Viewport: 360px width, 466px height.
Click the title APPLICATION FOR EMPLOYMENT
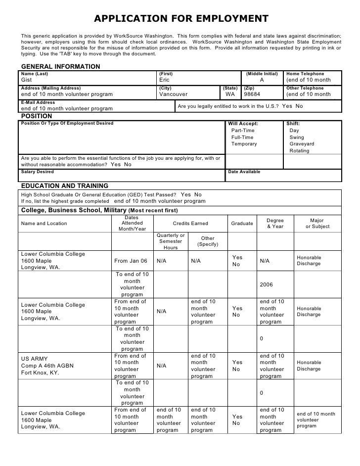point(181,19)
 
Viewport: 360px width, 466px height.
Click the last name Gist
point(27,80)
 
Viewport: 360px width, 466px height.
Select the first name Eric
point(165,80)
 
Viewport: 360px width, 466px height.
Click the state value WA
point(230,94)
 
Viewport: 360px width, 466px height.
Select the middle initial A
point(262,80)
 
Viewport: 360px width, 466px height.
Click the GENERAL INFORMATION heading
point(60,67)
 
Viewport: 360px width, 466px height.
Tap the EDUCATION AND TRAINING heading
point(64,186)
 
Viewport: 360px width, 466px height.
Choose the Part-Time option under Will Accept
point(243,130)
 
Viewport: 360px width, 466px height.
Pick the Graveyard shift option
point(302,144)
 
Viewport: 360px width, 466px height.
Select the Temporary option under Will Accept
point(244,144)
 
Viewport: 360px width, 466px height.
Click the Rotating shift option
point(299,151)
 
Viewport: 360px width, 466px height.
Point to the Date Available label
point(244,172)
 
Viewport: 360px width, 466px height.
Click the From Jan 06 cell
point(131,261)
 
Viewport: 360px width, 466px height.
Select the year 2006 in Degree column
point(266,284)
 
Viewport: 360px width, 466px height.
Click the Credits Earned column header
point(190,224)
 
